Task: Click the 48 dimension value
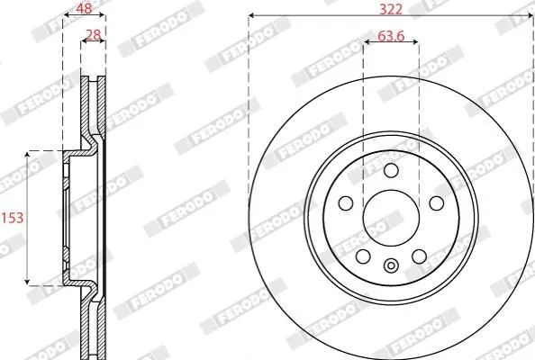(x=84, y=8)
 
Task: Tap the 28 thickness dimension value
(x=93, y=35)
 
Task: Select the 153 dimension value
(x=13, y=218)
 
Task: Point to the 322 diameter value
(x=391, y=9)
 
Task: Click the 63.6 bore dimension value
(x=391, y=35)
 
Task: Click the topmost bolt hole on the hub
(x=391, y=170)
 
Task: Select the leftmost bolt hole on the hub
(x=346, y=203)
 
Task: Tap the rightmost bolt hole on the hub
(x=437, y=203)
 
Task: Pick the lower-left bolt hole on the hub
(x=363, y=256)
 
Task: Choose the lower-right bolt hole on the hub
(x=420, y=256)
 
